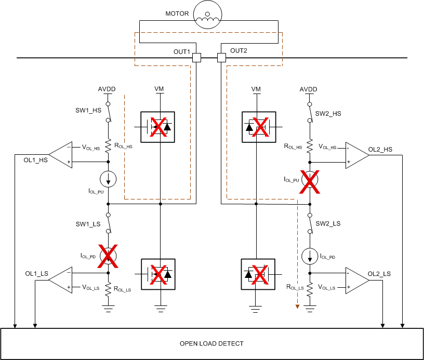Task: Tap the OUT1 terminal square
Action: tap(196, 58)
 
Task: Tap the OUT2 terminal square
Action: tap(221, 58)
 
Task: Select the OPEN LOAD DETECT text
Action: tap(211, 343)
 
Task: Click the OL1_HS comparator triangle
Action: tap(61, 155)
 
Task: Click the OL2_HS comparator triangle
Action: tap(357, 155)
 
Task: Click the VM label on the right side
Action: tap(256, 89)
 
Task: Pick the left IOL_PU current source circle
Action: tap(108, 179)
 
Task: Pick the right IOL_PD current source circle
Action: tap(310, 256)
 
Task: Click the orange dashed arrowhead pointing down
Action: tap(297, 306)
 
